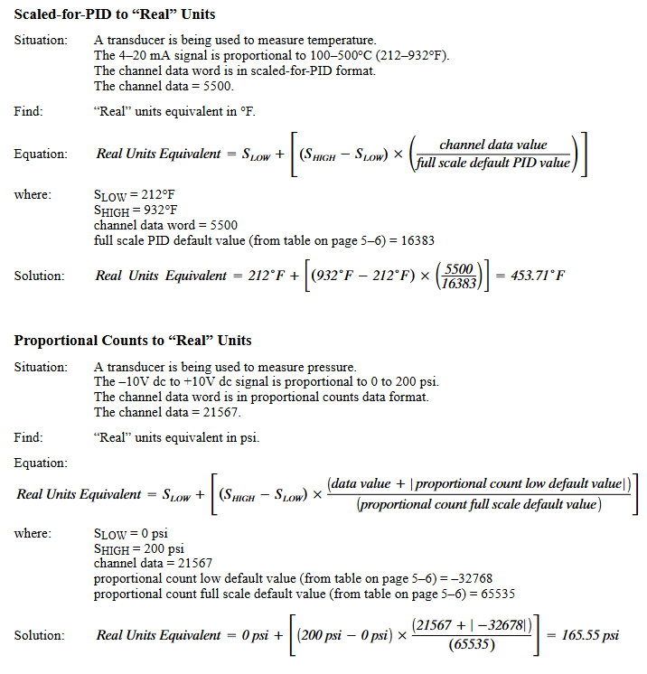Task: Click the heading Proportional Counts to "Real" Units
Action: (x=133, y=341)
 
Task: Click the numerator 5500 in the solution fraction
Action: (x=461, y=268)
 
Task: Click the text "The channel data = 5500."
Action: (x=164, y=87)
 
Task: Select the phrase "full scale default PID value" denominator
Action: (x=493, y=163)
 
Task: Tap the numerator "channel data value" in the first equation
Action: (x=493, y=145)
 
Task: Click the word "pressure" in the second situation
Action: (x=332, y=367)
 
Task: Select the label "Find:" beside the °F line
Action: (x=29, y=112)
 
